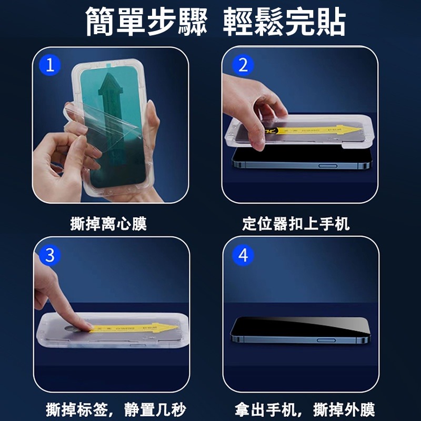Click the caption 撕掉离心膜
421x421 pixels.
[x=108, y=224]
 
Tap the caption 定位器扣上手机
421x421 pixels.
[x=296, y=224]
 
